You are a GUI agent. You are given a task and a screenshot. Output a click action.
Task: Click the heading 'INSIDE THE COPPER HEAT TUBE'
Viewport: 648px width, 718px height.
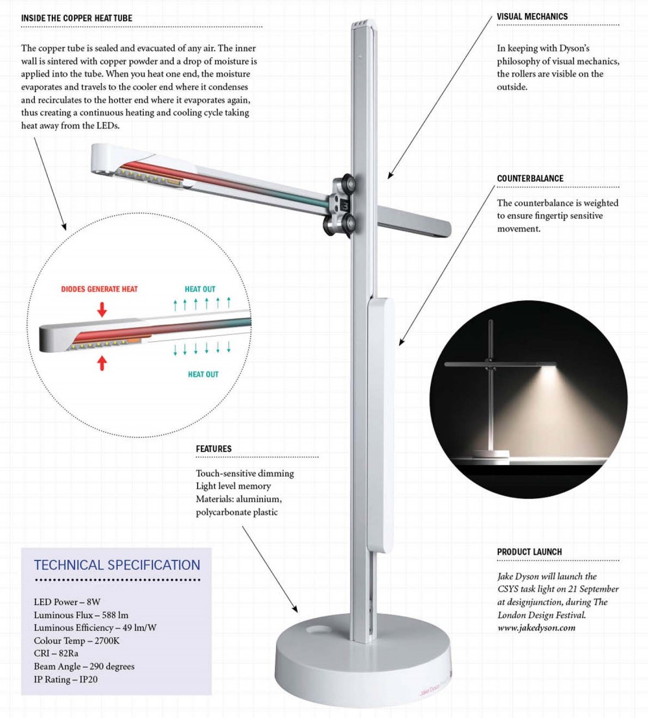[76, 18]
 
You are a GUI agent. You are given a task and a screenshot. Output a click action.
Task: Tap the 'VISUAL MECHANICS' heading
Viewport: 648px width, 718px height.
[532, 16]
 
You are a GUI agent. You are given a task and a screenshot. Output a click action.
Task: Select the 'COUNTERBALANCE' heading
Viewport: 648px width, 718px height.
[530, 178]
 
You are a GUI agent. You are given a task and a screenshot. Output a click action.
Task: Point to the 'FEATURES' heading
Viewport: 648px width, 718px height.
[214, 449]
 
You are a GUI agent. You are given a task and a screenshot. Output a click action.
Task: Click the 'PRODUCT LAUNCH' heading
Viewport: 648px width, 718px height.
[529, 552]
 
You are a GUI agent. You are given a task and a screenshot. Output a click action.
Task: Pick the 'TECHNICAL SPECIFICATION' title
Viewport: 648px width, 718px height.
[117, 564]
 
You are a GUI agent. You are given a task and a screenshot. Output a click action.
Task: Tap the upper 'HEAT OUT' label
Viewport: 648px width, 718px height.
[201, 289]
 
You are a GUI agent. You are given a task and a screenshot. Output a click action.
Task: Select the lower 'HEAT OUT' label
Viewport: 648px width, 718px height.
[203, 374]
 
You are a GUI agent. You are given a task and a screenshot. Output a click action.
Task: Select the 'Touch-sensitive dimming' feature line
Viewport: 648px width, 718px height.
[245, 473]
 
